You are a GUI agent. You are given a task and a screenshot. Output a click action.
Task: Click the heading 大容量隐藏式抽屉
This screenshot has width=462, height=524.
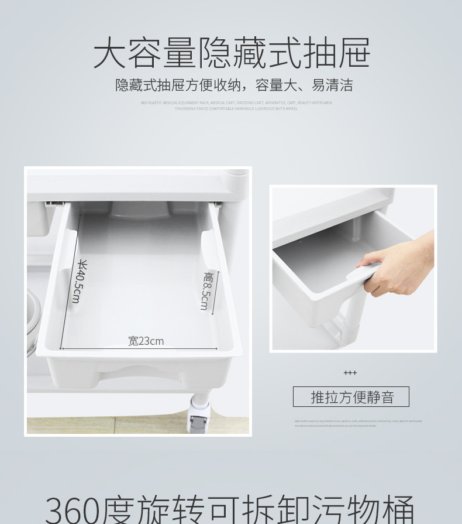point(232,53)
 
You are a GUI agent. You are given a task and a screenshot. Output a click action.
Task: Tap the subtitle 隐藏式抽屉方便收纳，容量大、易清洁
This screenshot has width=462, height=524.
point(234,85)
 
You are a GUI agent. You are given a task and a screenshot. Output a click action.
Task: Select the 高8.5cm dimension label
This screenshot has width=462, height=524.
point(206,291)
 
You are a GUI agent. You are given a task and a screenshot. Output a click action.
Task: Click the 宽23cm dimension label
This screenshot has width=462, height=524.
point(146,341)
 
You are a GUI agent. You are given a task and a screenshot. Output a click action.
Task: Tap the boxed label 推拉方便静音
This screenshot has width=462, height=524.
point(351,397)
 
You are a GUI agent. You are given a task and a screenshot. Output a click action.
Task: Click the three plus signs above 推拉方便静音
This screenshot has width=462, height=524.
point(350,373)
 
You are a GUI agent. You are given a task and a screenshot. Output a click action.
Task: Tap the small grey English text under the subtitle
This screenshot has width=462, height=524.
point(236,105)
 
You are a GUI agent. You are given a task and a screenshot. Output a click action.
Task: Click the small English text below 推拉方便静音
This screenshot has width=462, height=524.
point(358,423)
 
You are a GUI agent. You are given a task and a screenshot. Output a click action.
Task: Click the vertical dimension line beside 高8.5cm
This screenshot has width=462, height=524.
point(216,291)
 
